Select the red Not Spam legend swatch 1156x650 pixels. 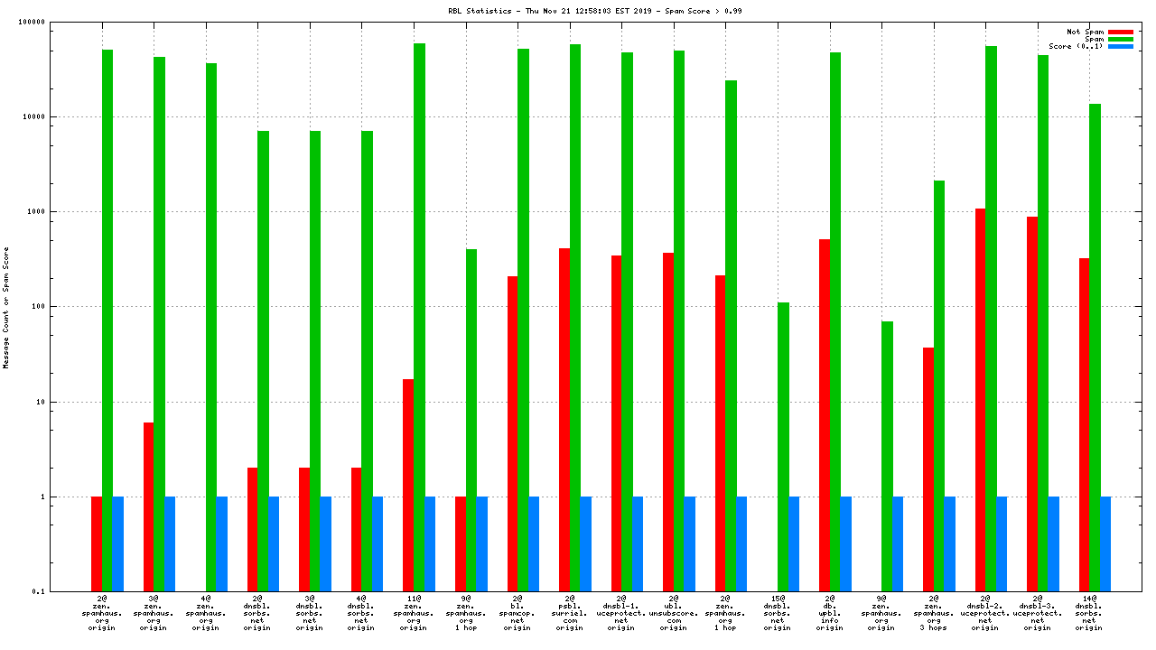coord(1121,32)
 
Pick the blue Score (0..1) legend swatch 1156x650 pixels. coord(1121,46)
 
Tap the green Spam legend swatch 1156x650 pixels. coord(1121,39)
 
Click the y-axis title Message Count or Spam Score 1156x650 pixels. coord(6,307)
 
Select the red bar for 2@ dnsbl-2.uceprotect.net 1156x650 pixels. coord(980,400)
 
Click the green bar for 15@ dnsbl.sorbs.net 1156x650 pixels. coord(784,447)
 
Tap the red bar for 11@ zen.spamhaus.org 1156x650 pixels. coord(408,485)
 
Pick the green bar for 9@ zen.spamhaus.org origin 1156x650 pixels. coord(888,456)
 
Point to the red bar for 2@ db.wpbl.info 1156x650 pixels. coord(825,415)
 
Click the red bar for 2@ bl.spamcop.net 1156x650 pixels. coord(512,433)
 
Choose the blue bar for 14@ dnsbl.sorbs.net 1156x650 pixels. coord(1105,543)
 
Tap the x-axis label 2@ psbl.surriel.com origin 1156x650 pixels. coord(569,611)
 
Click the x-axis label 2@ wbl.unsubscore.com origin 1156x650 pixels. coord(673,611)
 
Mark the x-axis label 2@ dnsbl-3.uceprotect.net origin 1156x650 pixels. coord(1037,611)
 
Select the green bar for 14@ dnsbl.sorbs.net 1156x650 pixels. coord(1095,348)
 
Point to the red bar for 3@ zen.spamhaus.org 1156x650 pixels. coord(148,506)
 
